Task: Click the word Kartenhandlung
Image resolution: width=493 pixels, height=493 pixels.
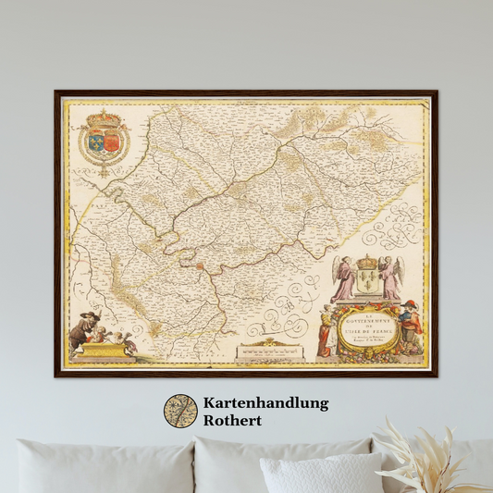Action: coord(265,403)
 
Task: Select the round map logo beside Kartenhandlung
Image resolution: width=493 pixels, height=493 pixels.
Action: coord(180,412)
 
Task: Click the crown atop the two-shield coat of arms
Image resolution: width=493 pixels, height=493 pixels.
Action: coord(104,120)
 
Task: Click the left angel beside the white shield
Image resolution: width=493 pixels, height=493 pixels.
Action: coord(344,277)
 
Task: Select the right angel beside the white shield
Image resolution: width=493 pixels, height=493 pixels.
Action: coord(391,277)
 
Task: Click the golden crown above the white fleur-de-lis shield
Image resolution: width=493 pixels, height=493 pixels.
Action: coord(367,262)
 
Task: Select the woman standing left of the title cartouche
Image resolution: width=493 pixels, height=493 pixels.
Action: coord(326,330)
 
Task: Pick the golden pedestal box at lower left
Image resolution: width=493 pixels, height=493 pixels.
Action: coord(105,351)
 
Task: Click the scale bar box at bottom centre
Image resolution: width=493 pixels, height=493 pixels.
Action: coord(271,351)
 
